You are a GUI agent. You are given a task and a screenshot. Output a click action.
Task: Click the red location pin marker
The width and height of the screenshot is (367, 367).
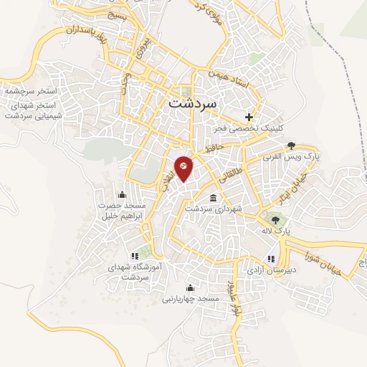pos(183,168)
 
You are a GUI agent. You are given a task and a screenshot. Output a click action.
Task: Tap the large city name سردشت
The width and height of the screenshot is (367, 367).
pos(196,103)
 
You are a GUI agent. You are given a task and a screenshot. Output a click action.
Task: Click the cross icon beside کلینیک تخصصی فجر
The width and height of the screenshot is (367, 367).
pos(249,116)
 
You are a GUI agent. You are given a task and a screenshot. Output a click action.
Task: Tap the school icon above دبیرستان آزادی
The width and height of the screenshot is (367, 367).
pos(270,259)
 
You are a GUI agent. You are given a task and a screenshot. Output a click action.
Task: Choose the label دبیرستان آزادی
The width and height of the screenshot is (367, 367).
pos(269,271)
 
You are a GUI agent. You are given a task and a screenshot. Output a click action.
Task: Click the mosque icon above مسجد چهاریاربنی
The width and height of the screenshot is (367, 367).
pos(189,287)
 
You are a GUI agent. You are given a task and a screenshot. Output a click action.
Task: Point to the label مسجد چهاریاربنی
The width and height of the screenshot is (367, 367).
pos(189,297)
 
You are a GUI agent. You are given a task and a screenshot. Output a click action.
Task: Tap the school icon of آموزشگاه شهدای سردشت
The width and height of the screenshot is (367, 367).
pos(135,256)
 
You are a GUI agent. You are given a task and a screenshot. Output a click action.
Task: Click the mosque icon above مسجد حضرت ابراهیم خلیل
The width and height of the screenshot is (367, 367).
pos(121,195)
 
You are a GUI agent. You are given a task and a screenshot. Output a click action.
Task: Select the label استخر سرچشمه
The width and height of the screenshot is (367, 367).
pos(30,93)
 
